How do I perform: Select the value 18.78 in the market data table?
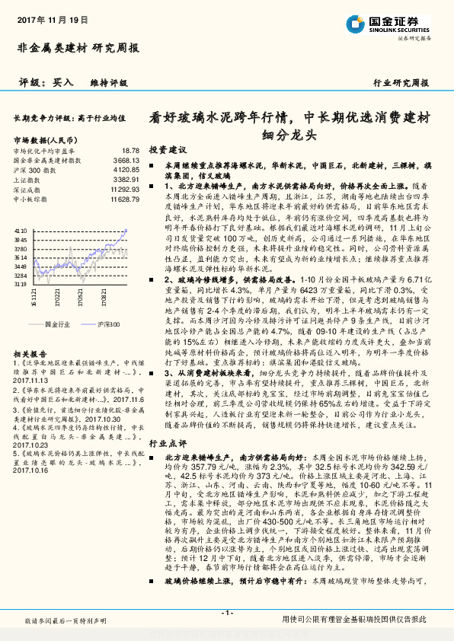[x=130, y=151]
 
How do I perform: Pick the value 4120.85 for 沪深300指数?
[x=126, y=170]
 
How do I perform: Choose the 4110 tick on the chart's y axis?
[x=21, y=228]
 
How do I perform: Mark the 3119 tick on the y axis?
[x=21, y=283]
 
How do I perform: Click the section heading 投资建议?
[x=168, y=150]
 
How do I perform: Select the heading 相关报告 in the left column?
[x=30, y=354]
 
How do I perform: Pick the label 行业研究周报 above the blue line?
[x=401, y=82]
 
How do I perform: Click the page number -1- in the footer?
[x=225, y=614]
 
